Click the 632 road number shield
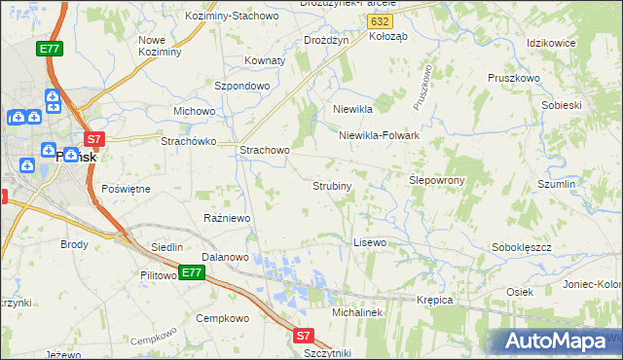coord(381,20)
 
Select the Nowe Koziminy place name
coord(161,46)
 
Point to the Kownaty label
coord(265,60)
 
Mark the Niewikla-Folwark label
coord(379,135)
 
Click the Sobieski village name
coord(561,105)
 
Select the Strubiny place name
coord(332,185)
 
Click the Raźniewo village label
coord(227,218)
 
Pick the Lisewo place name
coord(370,241)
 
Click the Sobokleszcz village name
coord(522,247)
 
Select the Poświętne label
coord(126,188)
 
